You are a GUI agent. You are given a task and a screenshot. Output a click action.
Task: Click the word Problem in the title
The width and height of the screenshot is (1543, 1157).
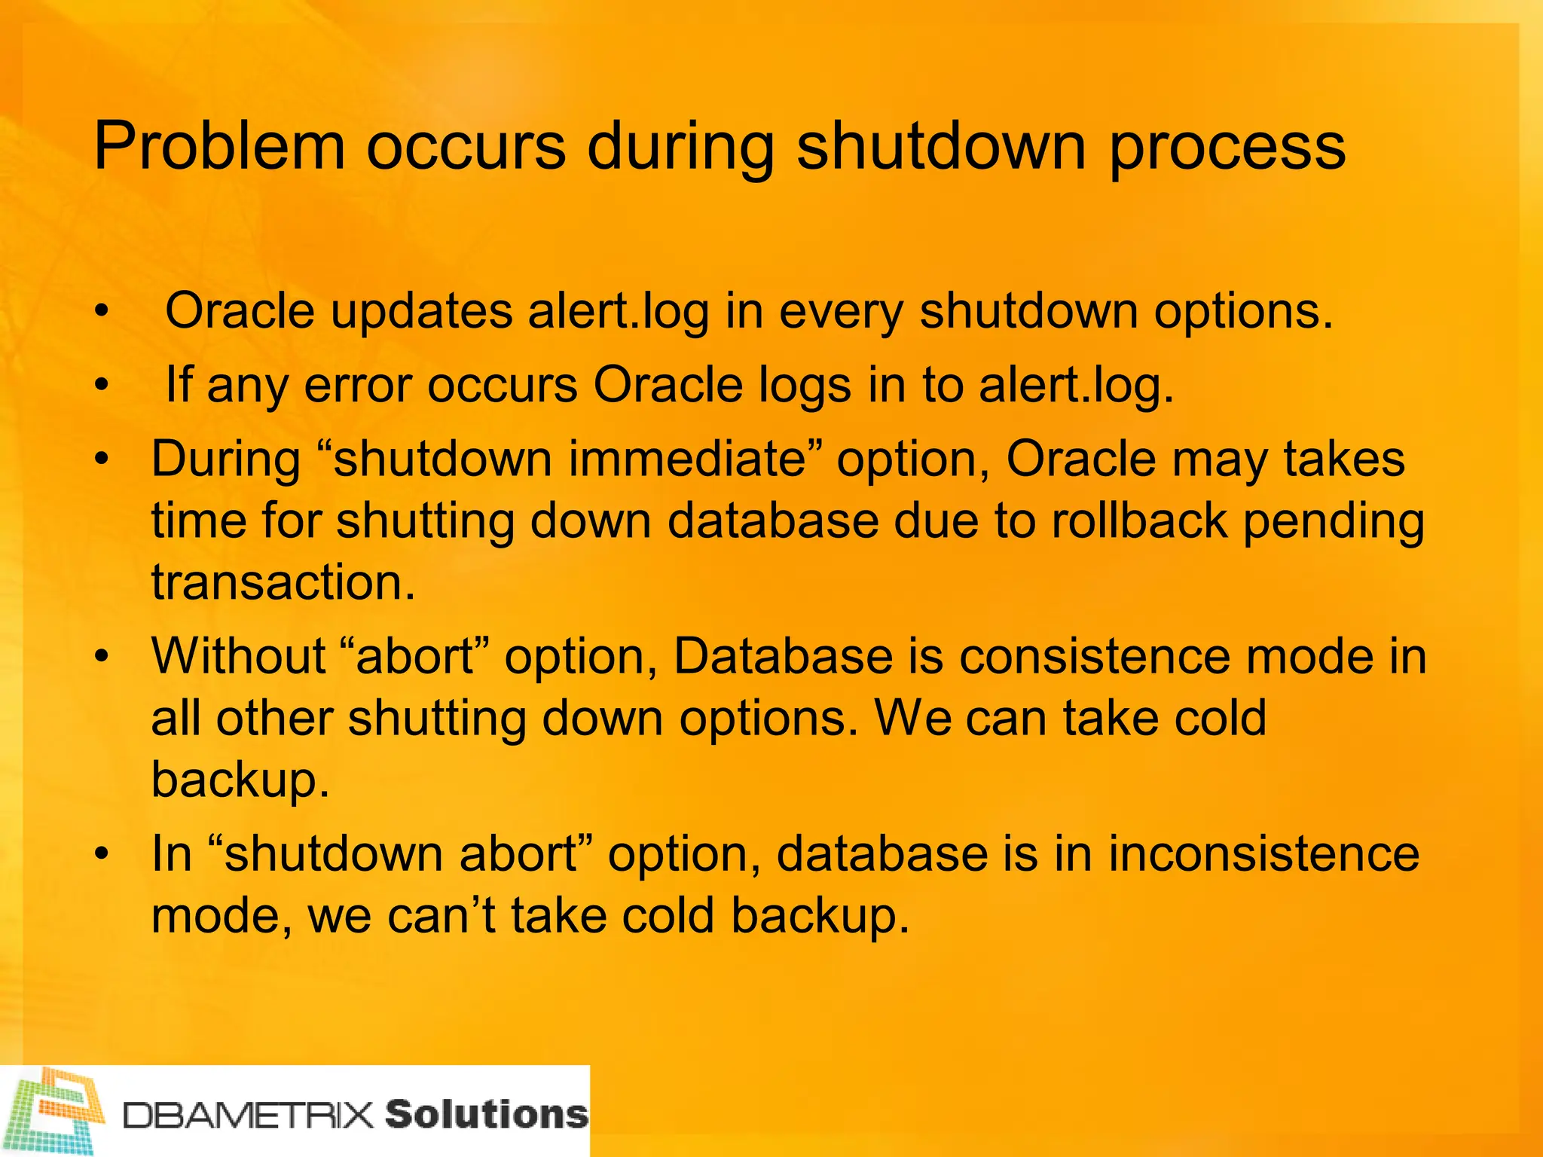[x=218, y=146]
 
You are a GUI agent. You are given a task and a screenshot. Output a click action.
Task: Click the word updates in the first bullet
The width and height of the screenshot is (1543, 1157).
[x=421, y=311]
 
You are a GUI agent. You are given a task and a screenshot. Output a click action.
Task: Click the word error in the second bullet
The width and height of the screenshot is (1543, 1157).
[x=358, y=385]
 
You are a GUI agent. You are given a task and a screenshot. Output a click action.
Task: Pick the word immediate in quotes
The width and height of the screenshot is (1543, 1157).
[x=686, y=459]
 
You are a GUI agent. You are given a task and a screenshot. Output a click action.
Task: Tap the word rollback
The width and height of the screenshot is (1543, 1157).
[x=1138, y=520]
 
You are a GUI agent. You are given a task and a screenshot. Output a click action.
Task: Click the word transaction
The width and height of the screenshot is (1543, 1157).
[x=283, y=582]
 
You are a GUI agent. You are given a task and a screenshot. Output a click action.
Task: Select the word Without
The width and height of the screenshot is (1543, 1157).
[x=238, y=655]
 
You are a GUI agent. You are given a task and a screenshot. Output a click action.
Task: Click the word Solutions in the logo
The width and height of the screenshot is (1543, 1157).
[x=486, y=1114]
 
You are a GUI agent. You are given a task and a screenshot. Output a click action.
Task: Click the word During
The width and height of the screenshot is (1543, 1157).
[x=225, y=460]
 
